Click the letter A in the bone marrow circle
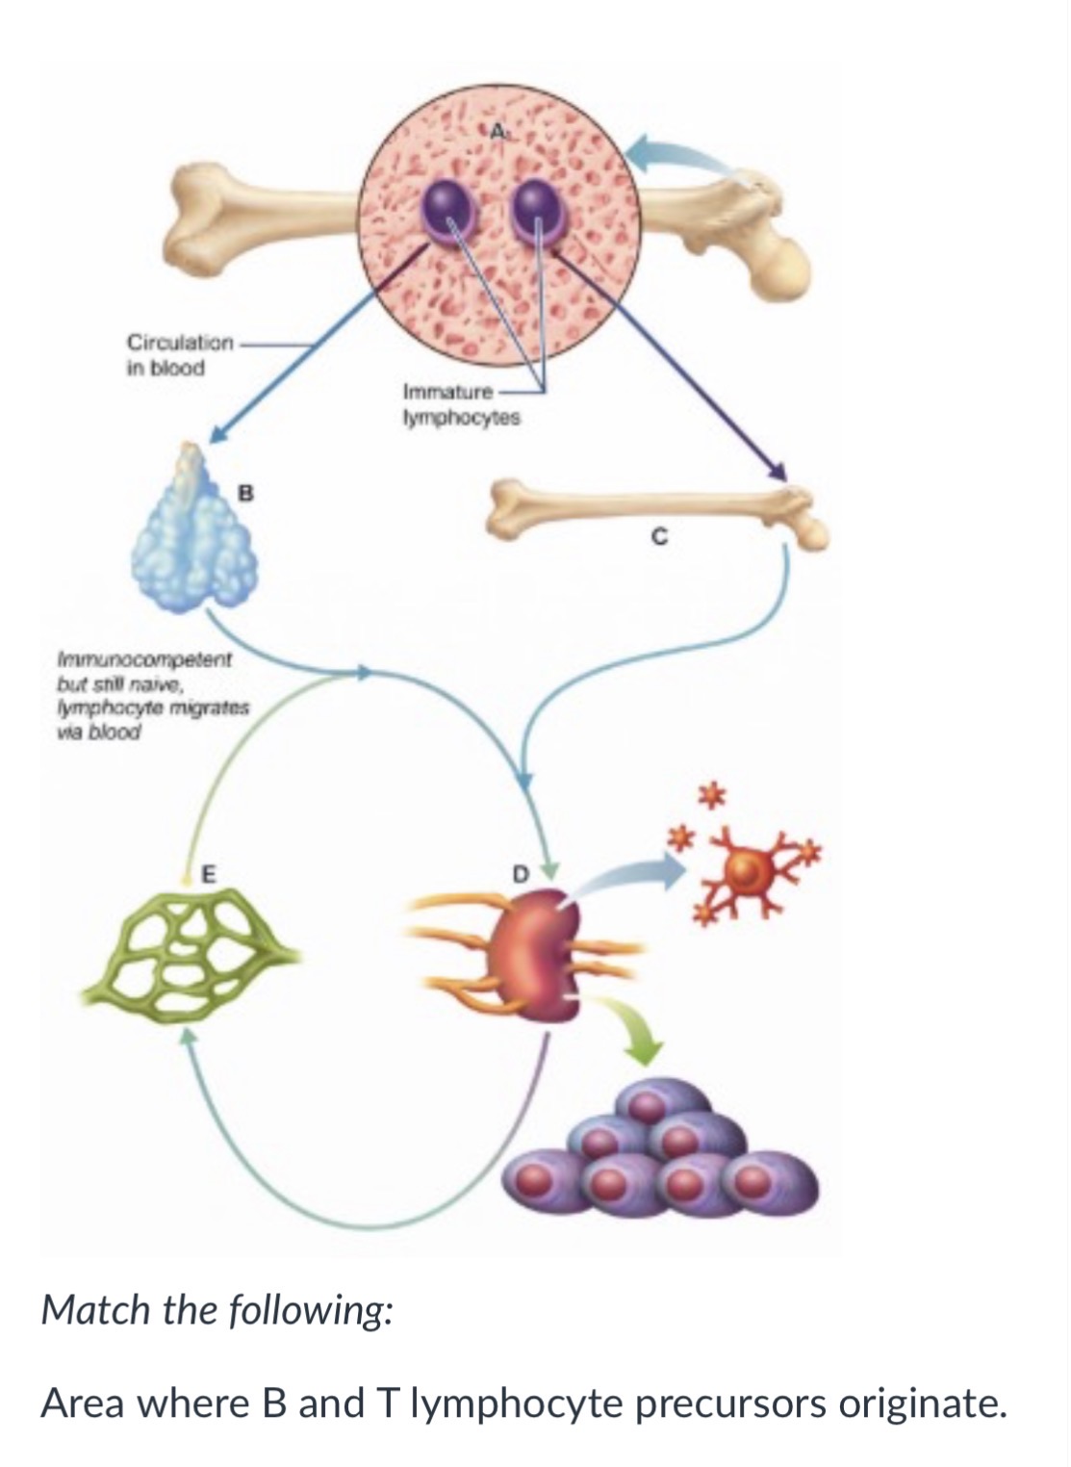click(497, 132)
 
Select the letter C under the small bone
click(659, 538)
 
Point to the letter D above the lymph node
click(520, 874)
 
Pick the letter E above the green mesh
click(207, 874)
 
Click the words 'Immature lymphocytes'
click(462, 404)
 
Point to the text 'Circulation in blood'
click(179, 355)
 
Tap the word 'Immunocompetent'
click(144, 658)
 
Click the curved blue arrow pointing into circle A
click(681, 155)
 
